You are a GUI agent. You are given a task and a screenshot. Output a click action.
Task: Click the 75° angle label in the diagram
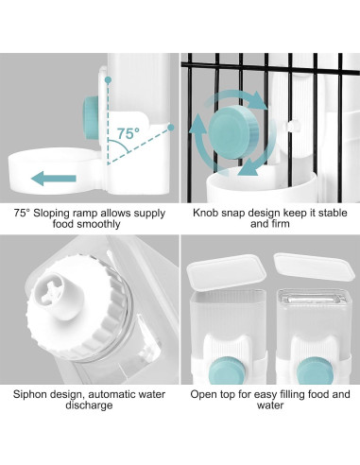(129, 133)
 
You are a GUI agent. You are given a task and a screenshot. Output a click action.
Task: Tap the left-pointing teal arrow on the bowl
(54, 179)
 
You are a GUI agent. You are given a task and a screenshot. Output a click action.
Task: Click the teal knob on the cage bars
(234, 131)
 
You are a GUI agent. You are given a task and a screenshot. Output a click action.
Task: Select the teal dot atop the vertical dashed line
(108, 80)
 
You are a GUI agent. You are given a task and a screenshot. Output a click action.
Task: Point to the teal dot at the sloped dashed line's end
(171, 128)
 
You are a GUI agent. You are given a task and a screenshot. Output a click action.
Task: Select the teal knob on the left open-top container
(227, 370)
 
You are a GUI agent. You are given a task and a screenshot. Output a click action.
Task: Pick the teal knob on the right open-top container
(314, 371)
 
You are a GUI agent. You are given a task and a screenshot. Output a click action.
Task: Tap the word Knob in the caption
(205, 213)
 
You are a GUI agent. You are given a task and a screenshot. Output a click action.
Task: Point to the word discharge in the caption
(89, 405)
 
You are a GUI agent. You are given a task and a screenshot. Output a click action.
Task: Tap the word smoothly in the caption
(98, 225)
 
